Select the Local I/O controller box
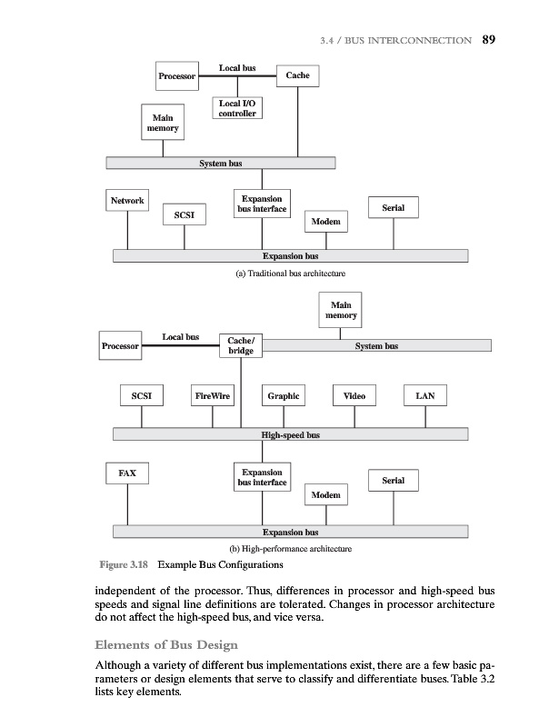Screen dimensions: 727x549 tap(237, 108)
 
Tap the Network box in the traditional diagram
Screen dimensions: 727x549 tap(127, 201)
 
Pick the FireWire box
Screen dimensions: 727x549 tap(213, 396)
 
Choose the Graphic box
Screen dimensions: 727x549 tap(284, 396)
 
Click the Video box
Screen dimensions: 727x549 tap(354, 396)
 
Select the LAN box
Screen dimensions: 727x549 tap(424, 396)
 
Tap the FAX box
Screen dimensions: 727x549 tap(127, 473)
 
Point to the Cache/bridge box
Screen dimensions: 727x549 tap(240, 346)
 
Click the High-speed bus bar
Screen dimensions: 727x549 tap(290, 435)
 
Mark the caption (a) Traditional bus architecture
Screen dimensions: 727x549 tap(290, 274)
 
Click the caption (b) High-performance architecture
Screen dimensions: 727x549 tap(290, 549)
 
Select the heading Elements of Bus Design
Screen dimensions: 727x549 tap(165, 645)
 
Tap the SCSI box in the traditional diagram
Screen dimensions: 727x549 tap(184, 214)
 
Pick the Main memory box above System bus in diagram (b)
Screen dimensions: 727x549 tap(341, 311)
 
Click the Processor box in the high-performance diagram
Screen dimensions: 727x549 tap(120, 346)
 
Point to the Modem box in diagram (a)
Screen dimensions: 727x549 tap(325, 222)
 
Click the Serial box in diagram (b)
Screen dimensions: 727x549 tap(393, 481)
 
